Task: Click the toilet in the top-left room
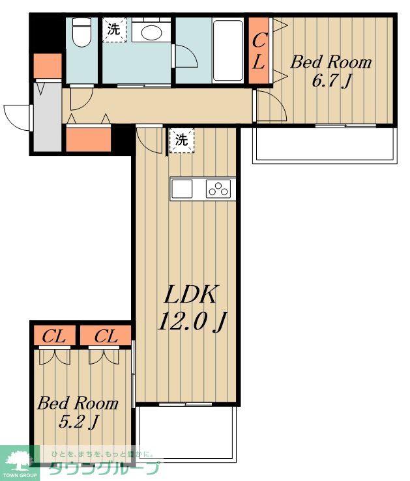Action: (82, 32)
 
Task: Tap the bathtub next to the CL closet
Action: (228, 51)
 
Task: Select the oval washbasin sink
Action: (151, 32)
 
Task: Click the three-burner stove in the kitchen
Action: (218, 189)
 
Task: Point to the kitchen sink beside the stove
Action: (182, 189)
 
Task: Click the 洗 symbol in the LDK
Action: (181, 140)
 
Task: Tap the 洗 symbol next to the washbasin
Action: (114, 29)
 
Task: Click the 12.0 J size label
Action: (192, 322)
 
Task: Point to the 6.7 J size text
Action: (330, 81)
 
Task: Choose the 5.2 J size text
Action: (78, 422)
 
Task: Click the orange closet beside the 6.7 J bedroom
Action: (259, 51)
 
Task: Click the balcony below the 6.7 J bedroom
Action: (325, 144)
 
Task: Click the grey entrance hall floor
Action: (47, 117)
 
